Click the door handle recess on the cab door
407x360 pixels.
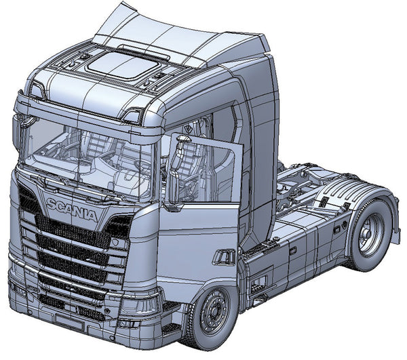pyautogui.click(x=223, y=257)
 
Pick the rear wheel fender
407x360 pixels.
pyautogui.click(x=363, y=197)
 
